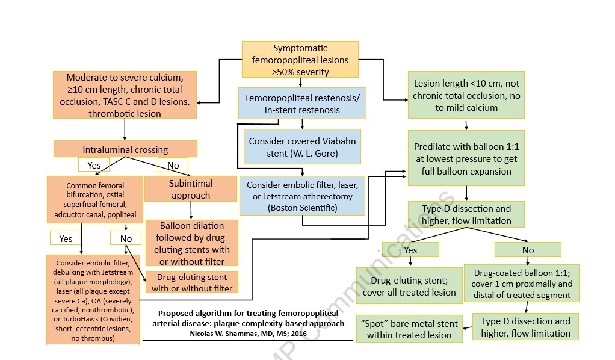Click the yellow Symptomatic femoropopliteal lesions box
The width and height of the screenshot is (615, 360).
pos(300,60)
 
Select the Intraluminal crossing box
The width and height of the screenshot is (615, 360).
pos(125,149)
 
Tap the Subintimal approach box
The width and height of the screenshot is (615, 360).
pos(190,188)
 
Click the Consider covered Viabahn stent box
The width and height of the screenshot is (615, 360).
pos(302,147)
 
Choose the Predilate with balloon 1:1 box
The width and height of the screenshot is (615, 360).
pos(466,158)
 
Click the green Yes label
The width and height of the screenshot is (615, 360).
pos(410,249)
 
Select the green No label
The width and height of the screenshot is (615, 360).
pos(527,249)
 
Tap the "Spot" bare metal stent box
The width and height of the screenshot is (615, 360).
pos(409,329)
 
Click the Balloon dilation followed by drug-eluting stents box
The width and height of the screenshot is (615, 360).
pos(192,243)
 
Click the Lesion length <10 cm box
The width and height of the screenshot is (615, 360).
pos(466,96)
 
